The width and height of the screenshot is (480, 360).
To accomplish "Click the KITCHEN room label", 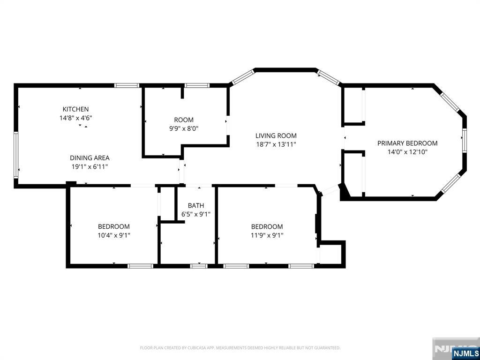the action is (x=75, y=109).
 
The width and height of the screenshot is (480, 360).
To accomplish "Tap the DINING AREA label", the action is (x=90, y=158).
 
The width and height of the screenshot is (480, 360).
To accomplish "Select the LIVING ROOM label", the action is (x=276, y=135).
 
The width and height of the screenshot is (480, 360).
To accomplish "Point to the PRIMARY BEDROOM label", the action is (x=407, y=143).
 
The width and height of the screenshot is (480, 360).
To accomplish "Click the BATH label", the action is (x=196, y=205).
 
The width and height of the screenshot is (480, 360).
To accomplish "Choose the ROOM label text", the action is (x=184, y=120).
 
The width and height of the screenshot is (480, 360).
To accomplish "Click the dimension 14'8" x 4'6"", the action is (x=76, y=118).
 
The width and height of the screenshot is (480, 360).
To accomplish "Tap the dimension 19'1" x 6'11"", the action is (x=90, y=167).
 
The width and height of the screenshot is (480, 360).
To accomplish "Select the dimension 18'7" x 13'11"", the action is (x=276, y=144).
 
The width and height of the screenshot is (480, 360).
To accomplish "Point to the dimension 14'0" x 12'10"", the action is (x=407, y=152).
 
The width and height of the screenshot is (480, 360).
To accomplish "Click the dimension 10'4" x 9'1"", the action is (x=114, y=235).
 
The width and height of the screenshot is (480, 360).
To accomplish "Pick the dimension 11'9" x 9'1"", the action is (x=267, y=235).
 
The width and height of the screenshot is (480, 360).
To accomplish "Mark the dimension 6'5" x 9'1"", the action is (x=196, y=214).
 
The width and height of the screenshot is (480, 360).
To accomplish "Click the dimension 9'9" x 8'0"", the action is (x=184, y=128).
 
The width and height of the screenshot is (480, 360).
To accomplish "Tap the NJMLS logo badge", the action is (x=465, y=352).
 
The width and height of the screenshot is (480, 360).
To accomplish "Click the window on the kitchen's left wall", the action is (x=16, y=155).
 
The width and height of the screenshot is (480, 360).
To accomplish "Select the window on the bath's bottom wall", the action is (x=199, y=266).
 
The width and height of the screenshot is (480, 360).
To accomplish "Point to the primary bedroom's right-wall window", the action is (x=465, y=141).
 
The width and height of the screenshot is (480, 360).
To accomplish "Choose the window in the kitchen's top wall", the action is (x=127, y=85).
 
